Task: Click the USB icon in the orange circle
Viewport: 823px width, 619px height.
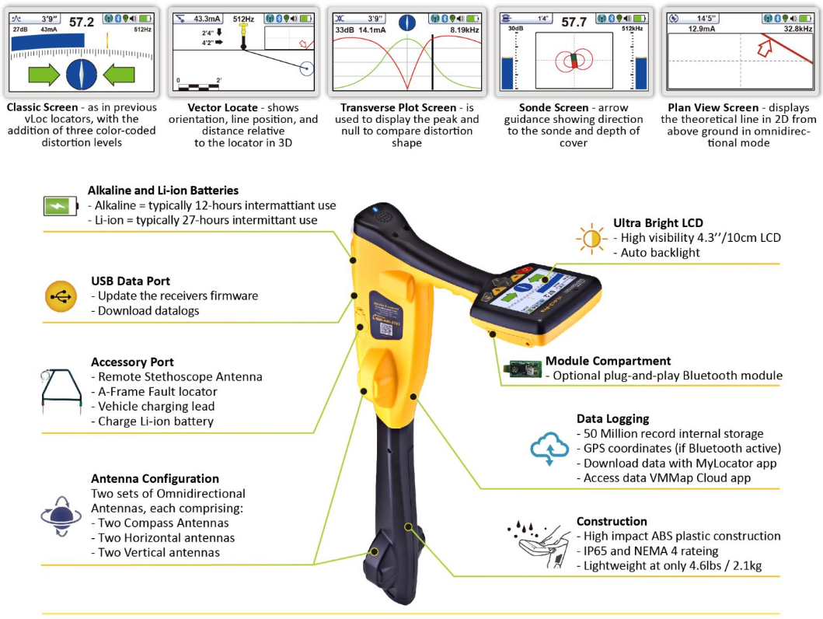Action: pos(62,296)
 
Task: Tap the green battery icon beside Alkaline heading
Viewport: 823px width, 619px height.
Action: pos(60,205)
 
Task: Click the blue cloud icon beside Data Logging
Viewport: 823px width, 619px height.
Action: pos(547,449)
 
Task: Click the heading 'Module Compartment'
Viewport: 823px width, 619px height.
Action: pos(607,361)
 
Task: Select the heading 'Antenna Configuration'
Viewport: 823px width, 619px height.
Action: pos(155,478)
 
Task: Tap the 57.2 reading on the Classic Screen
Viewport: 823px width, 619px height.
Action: pos(81,23)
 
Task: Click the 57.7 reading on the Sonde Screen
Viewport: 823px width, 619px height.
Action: pos(574,23)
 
